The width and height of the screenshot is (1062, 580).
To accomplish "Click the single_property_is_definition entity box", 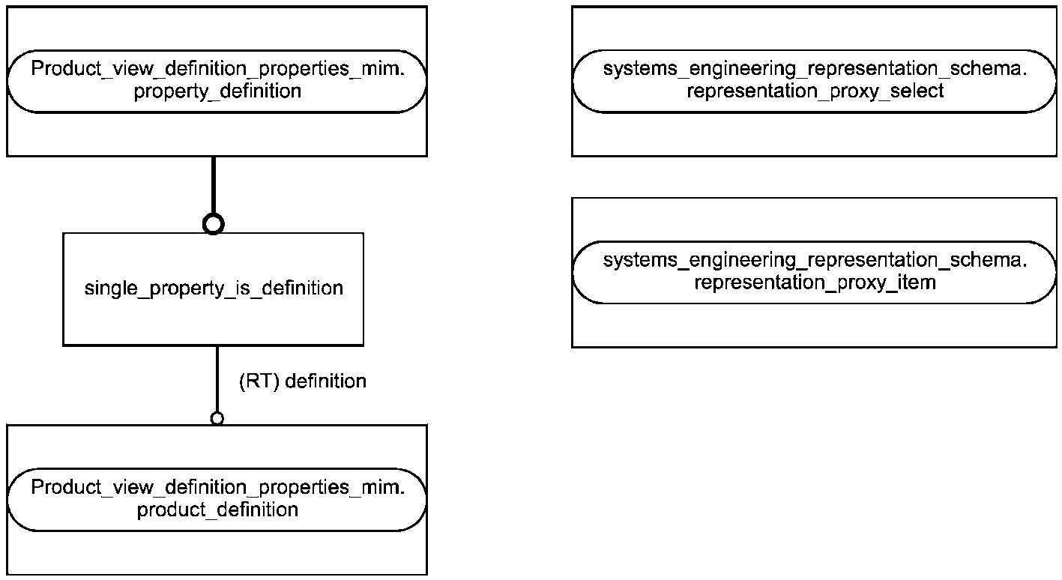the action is [214, 289].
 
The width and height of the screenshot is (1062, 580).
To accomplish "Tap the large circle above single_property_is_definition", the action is [214, 223].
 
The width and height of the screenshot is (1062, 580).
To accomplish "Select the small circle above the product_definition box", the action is [217, 418].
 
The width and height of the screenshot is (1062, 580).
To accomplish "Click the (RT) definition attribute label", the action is [303, 381].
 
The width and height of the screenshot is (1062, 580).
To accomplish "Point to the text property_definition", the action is [217, 91].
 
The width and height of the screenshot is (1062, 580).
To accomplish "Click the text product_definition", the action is [217, 510].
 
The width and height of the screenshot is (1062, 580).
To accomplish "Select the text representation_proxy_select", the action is [815, 91].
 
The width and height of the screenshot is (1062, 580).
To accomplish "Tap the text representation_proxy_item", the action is [815, 283].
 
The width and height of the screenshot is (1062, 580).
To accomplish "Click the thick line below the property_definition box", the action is [214, 185].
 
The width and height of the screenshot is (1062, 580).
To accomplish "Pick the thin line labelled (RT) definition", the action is [217, 379].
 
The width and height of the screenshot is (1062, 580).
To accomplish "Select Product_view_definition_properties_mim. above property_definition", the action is [217, 69].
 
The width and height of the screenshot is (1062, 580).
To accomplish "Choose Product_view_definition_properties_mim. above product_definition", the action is [217, 487].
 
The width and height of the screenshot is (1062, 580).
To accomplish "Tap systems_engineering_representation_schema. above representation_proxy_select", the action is [815, 69].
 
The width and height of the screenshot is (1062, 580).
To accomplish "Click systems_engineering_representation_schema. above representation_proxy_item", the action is [815, 260].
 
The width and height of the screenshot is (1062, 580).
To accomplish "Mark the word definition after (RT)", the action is [326, 381].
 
